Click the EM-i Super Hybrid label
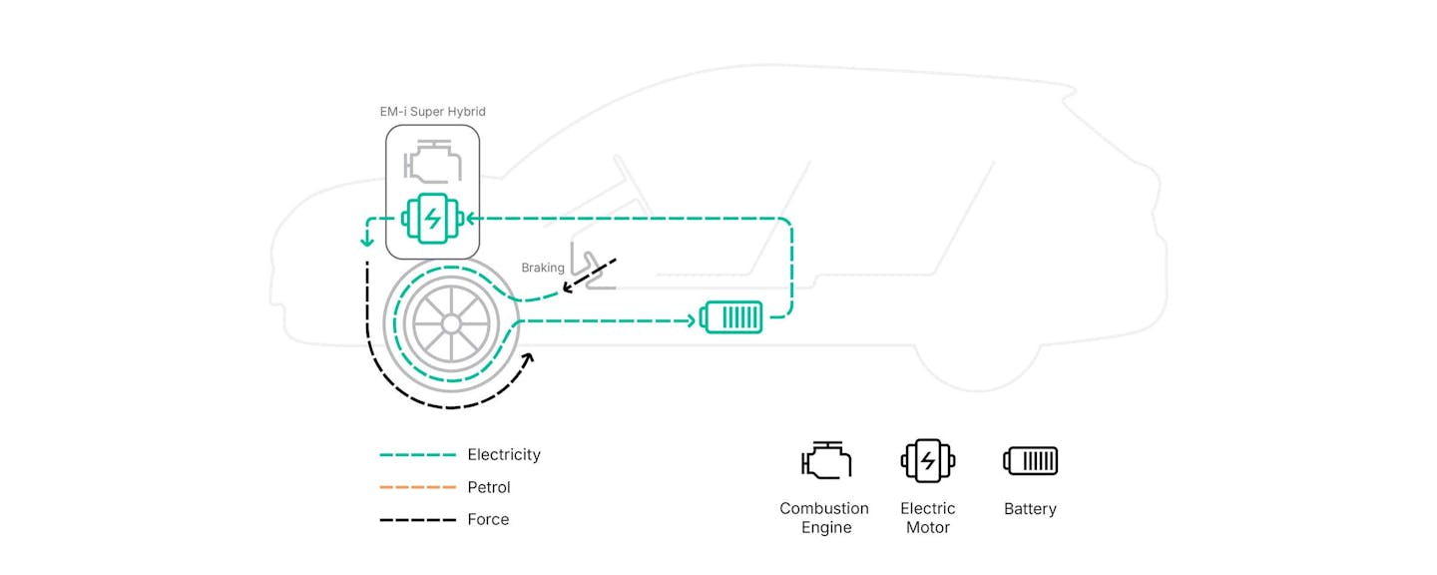click(x=432, y=112)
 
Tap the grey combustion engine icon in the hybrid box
click(x=432, y=162)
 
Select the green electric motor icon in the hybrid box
click(x=432, y=219)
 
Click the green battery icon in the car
click(x=730, y=317)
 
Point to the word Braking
click(x=543, y=268)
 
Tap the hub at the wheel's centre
click(x=451, y=324)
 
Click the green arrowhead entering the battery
click(x=691, y=320)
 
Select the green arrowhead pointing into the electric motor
click(x=471, y=219)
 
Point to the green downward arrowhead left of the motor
click(x=367, y=242)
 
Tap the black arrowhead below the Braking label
click(x=568, y=287)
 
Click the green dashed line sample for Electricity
click(x=417, y=455)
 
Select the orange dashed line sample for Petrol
click(x=417, y=487)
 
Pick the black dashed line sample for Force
click(x=417, y=520)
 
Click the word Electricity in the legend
click(x=504, y=455)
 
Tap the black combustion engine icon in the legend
click(x=826, y=460)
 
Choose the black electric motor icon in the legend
click(x=928, y=461)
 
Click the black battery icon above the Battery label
click(x=1030, y=461)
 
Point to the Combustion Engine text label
click(x=824, y=518)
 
